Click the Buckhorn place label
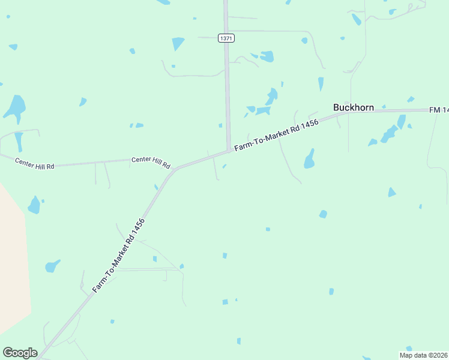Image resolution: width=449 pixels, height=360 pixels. coord(354,108)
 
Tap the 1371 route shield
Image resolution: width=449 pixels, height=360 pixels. coord(226,38)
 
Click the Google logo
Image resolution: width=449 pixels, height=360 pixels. coord(20,353)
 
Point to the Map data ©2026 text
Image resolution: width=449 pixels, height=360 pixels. coord(423,355)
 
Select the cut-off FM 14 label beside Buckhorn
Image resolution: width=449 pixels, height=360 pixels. coord(439,110)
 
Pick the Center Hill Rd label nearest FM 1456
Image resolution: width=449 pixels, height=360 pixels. coord(151,162)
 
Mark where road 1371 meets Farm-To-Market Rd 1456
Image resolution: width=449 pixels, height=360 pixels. coord(229,150)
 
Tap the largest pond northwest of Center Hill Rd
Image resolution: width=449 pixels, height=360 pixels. coord(15,106)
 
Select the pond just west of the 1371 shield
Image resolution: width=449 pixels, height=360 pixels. coord(178,44)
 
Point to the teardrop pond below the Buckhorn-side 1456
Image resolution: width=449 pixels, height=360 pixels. coord(309,159)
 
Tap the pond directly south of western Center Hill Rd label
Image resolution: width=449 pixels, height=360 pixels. coord(34,205)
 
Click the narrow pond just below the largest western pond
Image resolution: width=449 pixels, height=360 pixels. coord(19,142)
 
